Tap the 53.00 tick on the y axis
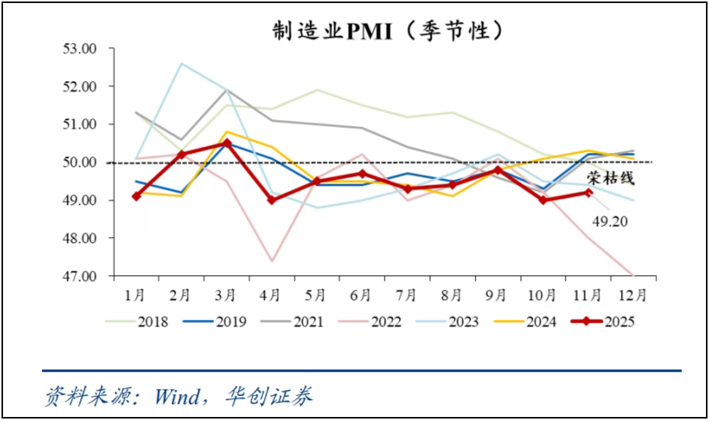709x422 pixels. coord(80,48)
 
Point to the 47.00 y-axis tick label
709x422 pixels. coord(80,276)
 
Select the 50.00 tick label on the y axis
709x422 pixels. coord(80,162)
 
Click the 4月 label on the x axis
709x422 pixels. coord(270,295)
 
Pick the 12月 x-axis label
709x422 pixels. coord(632,295)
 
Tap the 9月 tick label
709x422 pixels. coord(496,295)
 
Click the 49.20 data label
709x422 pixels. coord(610,221)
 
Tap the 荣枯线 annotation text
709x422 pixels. coord(610,178)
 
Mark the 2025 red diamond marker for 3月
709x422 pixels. coord(227,143)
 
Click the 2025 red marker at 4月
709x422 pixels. coord(272,200)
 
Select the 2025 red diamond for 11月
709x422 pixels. coord(588,192)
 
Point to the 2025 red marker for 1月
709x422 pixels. coord(136,196)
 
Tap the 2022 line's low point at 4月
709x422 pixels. coord(272,261)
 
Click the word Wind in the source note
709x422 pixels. coord(178,397)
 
